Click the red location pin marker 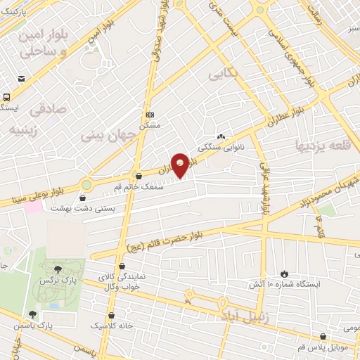click(181, 165)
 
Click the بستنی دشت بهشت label click(84, 209)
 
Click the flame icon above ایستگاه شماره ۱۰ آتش click(284, 274)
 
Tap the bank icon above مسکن click(150, 115)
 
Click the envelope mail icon click(22, 78)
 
